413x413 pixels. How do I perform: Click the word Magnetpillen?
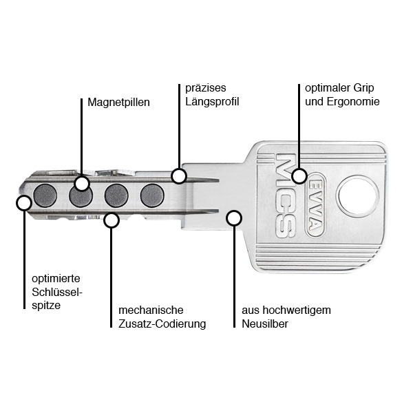[x=118, y=102]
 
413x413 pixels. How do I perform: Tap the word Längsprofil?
[x=212, y=102]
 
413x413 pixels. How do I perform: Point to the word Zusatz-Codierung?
[x=162, y=324]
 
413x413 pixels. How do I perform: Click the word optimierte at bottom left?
[x=56, y=278]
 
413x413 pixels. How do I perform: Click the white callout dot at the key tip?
[x=24, y=202]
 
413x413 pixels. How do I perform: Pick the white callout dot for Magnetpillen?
[x=82, y=183]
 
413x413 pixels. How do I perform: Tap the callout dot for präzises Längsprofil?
[x=179, y=176]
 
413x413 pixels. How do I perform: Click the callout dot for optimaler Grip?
[x=299, y=176]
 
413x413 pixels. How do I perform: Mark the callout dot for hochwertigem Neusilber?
[x=234, y=219]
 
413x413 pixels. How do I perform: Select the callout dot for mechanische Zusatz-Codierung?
[x=111, y=220]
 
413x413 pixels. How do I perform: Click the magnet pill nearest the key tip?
[x=45, y=195]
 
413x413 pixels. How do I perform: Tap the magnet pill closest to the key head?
[x=152, y=195]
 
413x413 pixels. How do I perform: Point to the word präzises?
[x=206, y=89]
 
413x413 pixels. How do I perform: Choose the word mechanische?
[x=151, y=310]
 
